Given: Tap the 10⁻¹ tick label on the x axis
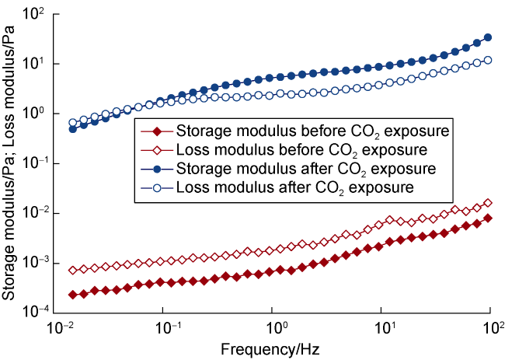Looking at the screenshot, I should point(164,327).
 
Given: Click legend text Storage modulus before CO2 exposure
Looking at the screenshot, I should point(315,130).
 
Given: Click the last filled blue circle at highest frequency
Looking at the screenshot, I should point(488,37).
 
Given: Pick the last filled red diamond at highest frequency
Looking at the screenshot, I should point(488,218).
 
